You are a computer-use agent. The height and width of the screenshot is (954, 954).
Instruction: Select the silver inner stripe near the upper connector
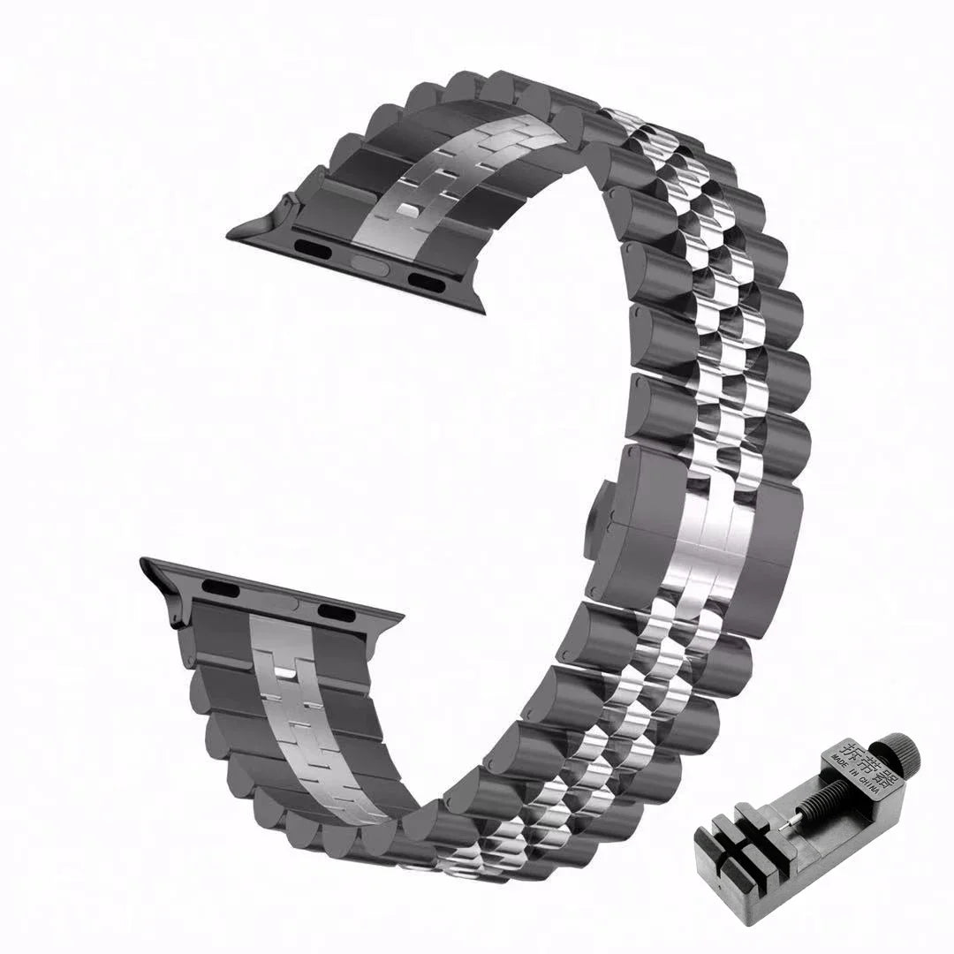pyautogui.click(x=415, y=194)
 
